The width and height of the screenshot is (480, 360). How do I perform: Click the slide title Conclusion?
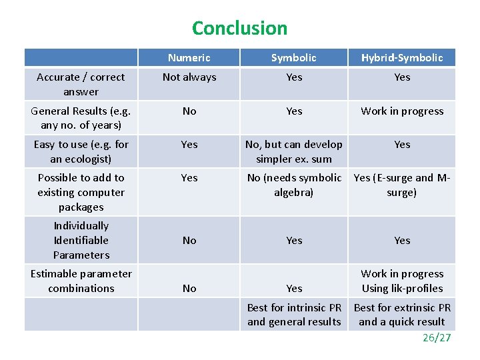click(239, 28)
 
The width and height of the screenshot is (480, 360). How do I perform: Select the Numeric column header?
click(189, 58)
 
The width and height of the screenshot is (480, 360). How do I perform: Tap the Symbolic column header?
click(294, 58)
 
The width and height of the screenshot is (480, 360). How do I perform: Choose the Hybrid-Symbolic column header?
click(402, 58)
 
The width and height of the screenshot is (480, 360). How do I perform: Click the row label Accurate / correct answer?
click(81, 85)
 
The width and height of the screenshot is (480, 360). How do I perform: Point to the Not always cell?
click(189, 77)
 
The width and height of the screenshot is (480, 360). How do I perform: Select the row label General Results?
click(81, 118)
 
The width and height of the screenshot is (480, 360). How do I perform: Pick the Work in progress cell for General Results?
click(402, 111)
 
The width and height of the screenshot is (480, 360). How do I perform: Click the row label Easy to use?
click(81, 151)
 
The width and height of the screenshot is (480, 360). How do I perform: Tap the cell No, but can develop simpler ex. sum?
click(294, 151)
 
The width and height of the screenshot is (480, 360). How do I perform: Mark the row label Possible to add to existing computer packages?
click(81, 192)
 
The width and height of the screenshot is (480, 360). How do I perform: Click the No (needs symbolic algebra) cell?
click(294, 185)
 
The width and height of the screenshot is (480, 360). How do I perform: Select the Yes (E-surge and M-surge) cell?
click(402, 185)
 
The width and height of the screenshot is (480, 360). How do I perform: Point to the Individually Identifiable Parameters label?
click(81, 240)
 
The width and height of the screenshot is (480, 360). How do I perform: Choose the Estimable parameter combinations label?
click(81, 281)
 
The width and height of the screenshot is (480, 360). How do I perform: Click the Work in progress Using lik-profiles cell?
click(402, 281)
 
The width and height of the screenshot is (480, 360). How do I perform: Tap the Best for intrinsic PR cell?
click(294, 315)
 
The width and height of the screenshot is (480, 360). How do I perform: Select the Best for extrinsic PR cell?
click(402, 315)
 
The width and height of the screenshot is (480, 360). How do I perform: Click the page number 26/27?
click(437, 337)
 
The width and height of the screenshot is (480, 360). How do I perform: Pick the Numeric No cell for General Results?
click(189, 111)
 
